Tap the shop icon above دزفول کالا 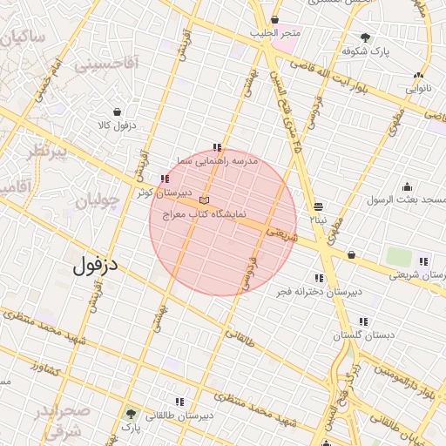click(x=117, y=111)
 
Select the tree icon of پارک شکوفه click(x=364, y=37)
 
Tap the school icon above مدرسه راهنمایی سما click(x=217, y=147)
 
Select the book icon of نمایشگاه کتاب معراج click(x=204, y=200)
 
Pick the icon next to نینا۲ click(x=318, y=206)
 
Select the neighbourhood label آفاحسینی click(x=107, y=64)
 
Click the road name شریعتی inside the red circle click(x=281, y=234)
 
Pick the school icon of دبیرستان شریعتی click(x=422, y=260)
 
